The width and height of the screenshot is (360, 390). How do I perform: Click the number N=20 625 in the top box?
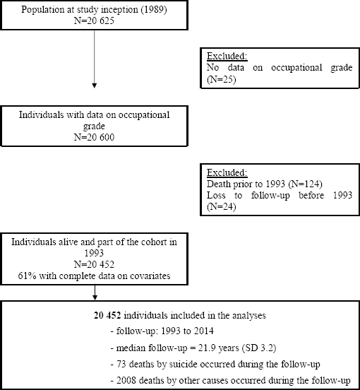94,20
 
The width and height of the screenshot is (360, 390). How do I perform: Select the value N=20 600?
94,137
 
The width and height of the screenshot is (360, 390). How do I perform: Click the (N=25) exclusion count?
221,79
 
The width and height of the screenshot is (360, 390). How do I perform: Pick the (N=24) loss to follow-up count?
221,207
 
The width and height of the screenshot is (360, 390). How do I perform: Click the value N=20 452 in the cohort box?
94,264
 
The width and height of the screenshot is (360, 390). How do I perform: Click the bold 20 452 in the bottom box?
107,315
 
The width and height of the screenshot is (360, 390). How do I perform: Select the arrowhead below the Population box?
94,85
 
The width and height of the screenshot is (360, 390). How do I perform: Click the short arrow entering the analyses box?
95,292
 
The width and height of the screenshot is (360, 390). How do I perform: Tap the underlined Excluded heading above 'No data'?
227,57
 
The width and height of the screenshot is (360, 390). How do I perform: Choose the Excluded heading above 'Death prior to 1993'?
227,172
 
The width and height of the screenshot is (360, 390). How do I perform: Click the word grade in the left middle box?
94,126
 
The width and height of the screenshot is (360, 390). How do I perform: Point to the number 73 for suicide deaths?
121,364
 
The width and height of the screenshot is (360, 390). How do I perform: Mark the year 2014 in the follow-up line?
204,331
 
